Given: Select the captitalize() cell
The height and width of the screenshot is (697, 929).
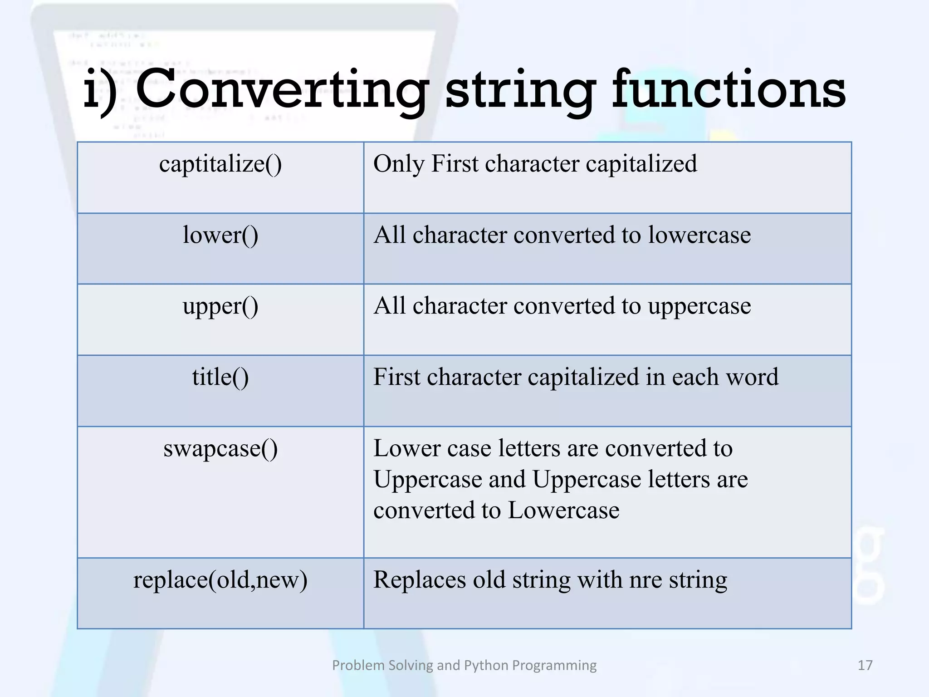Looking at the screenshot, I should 220,164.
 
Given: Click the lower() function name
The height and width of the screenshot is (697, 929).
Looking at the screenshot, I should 220,235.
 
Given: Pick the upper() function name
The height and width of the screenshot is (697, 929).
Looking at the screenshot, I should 220,306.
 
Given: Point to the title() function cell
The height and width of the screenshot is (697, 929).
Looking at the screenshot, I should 220,377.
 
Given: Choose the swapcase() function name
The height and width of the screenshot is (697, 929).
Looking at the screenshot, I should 220,449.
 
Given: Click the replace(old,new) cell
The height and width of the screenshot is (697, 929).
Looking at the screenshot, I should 220,580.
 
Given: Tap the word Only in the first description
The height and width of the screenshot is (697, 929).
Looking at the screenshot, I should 399,164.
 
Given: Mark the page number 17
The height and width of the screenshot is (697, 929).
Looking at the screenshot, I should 865,665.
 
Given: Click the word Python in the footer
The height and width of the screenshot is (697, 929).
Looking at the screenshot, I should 486,665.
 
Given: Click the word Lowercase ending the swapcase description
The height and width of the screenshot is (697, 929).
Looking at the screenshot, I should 563,510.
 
